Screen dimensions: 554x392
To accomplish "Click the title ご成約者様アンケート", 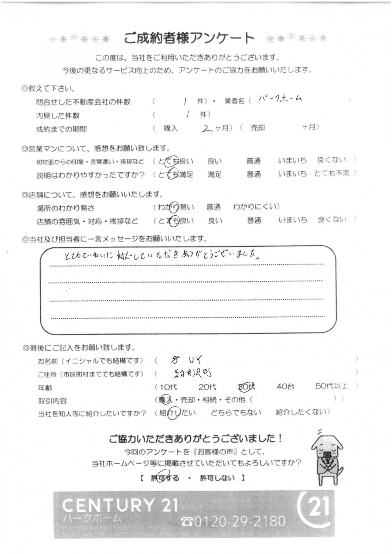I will [189, 38].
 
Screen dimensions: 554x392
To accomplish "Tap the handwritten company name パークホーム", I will [280, 99].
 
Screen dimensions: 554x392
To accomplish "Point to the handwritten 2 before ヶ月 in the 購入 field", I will [208, 128].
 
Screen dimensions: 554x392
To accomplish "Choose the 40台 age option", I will [285, 387].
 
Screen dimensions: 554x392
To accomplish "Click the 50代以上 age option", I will [331, 386].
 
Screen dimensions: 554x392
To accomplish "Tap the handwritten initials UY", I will [195, 359].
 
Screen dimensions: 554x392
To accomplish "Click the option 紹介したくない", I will [301, 412].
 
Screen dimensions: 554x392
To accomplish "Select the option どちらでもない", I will [235, 413].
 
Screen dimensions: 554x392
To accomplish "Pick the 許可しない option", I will [217, 478].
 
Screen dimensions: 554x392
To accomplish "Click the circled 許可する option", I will [165, 478].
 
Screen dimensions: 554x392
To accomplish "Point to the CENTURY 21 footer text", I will [120, 505].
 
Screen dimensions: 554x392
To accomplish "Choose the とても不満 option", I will [331, 173].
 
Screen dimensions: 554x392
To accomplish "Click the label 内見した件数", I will [58, 116].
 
